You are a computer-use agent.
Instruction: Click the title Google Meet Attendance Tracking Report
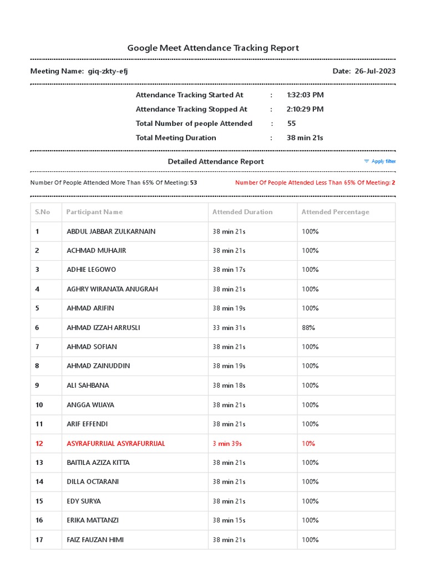point(213,48)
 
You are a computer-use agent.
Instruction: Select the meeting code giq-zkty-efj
point(108,71)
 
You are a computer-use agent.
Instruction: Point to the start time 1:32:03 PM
point(305,95)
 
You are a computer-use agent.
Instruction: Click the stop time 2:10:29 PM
point(305,109)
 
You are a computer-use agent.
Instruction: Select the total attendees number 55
point(291,124)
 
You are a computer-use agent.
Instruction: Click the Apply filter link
point(383,161)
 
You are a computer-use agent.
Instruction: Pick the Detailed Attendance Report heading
point(216,161)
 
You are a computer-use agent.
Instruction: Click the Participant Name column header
point(94,212)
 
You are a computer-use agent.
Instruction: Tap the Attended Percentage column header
point(335,212)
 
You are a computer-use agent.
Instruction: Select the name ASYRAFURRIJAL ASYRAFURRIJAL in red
point(115,443)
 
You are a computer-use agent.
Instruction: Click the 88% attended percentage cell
point(308,328)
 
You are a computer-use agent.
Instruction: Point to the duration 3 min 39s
point(227,443)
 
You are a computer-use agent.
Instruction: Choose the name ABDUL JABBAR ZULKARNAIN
point(111,231)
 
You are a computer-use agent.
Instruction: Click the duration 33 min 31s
point(229,328)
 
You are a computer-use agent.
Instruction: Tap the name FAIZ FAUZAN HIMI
point(95,540)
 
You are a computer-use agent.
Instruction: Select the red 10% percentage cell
point(308,443)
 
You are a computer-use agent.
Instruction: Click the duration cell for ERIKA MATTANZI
point(229,520)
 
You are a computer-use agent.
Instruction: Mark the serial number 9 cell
point(37,386)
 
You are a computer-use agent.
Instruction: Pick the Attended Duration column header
point(242,212)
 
